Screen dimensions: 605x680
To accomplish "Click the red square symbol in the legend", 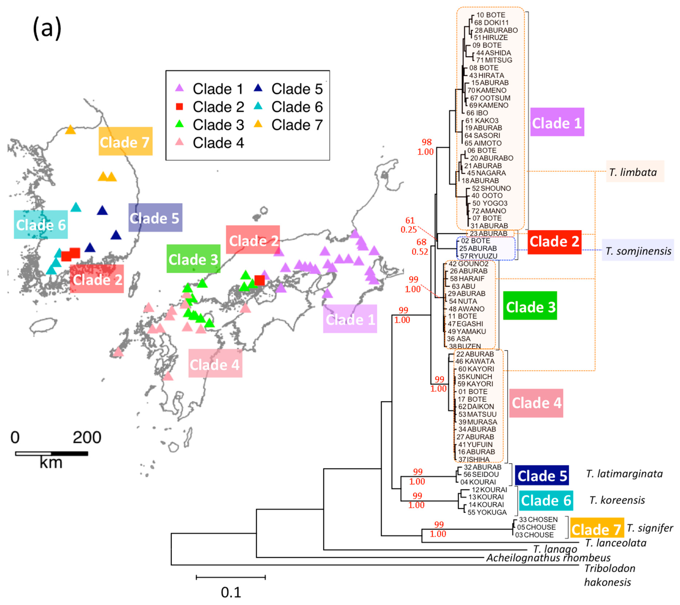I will (x=179, y=107).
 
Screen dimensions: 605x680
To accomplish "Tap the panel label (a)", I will (x=47, y=29).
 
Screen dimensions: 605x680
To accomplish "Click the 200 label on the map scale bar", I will (x=87, y=437).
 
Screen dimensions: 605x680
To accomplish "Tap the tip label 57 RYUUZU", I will (x=478, y=256).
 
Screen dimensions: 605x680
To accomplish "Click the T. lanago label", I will (x=555, y=549).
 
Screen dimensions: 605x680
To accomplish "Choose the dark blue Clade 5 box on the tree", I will (x=542, y=476).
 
